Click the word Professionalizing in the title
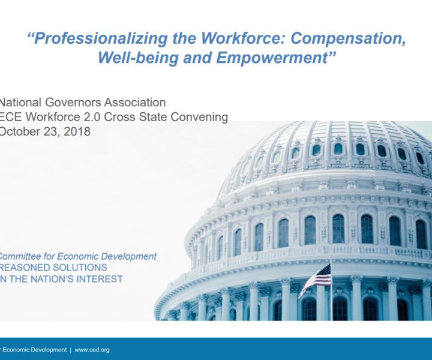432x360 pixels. tap(101, 38)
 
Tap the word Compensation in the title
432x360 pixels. tap(348, 38)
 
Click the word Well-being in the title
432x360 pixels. tap(139, 58)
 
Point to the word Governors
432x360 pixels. tap(73, 103)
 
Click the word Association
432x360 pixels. tap(135, 103)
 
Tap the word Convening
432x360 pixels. tap(199, 118)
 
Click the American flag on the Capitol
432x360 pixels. tap(316, 278)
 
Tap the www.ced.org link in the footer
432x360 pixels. tap(92, 350)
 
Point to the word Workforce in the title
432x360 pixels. tap(243, 38)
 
